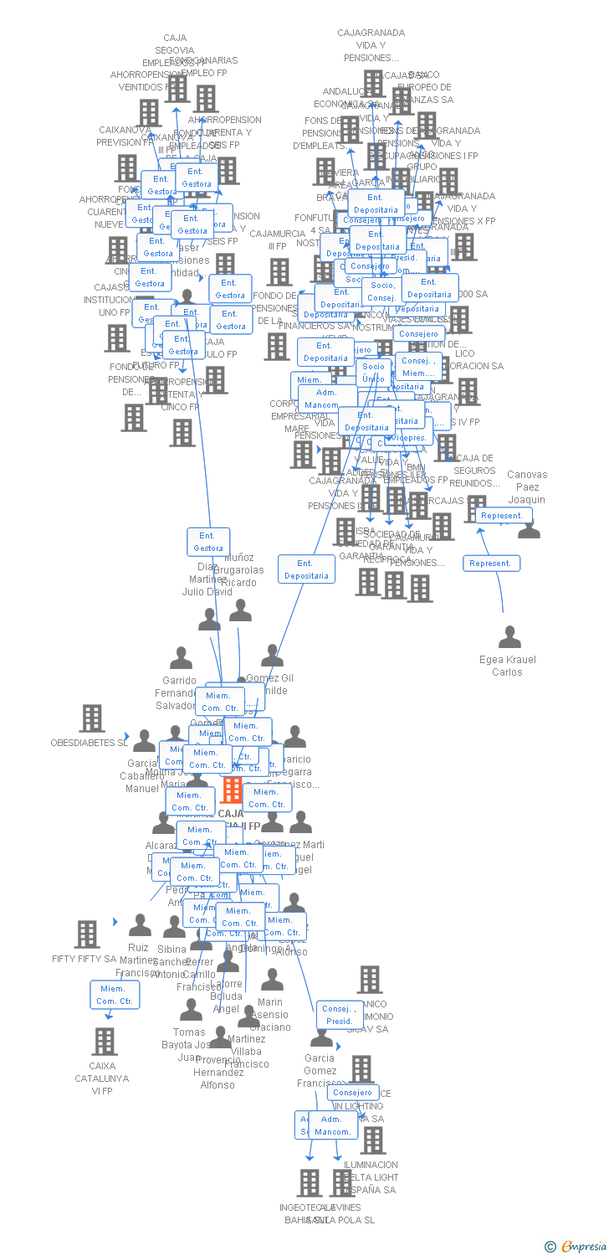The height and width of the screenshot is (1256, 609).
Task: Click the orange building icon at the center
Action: pos(232,790)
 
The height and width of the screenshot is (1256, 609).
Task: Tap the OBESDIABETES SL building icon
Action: pos(91,718)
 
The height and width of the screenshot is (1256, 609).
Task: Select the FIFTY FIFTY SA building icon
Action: pos(87,934)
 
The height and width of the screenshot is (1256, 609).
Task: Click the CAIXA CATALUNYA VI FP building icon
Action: pos(105,1042)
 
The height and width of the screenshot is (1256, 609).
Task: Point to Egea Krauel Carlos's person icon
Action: pos(509,638)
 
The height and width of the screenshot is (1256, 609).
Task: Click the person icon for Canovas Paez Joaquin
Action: pos(529,528)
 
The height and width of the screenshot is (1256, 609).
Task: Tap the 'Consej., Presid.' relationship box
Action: pos(340,1015)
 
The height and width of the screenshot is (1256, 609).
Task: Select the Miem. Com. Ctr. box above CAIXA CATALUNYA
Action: pos(115,996)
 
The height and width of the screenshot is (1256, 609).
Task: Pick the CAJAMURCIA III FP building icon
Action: pos(279,272)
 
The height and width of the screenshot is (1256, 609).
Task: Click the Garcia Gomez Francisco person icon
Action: pos(321,1037)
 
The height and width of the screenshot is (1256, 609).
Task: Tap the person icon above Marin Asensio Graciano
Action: pos(272,980)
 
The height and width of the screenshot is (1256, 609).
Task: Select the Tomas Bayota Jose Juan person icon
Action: pos(191,1010)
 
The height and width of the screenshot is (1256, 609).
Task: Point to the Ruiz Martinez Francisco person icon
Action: pos(140,925)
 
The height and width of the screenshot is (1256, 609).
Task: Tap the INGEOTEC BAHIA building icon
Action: pos(310,1183)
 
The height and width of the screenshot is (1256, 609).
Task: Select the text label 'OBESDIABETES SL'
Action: pos(90,744)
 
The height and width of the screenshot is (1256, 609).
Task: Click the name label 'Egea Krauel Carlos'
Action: pos(508,666)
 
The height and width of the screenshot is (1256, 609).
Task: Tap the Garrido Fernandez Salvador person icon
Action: pos(181,658)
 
